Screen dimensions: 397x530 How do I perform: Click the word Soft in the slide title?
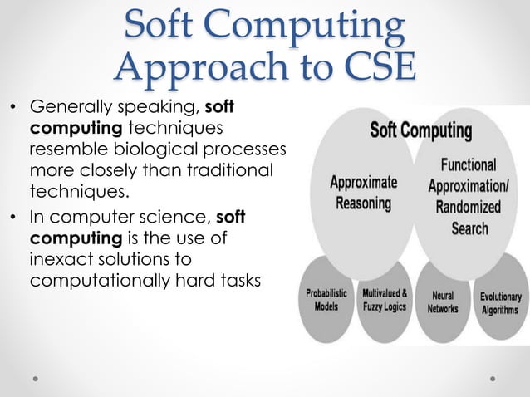[x=164, y=27]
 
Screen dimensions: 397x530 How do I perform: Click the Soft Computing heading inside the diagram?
[x=420, y=132]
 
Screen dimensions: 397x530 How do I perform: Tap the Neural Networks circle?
[x=443, y=301]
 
